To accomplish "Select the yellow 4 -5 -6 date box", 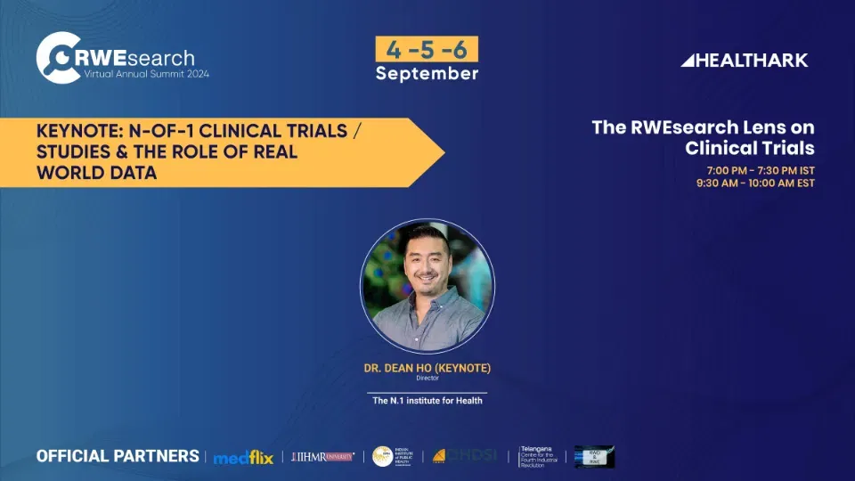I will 427,49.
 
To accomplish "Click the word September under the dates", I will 427,73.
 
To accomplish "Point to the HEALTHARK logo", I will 745,61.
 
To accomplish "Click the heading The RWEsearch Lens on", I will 703,127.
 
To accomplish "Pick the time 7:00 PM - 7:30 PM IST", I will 761,170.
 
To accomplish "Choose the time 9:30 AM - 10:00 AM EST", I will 755,183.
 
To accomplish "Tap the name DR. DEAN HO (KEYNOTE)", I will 427,368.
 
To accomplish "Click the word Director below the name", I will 427,379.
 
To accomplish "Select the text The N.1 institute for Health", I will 427,401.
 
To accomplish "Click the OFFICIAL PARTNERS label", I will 118,456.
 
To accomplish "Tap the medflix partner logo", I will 242,457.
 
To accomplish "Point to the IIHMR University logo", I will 322,457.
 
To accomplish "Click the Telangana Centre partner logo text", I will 542,457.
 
